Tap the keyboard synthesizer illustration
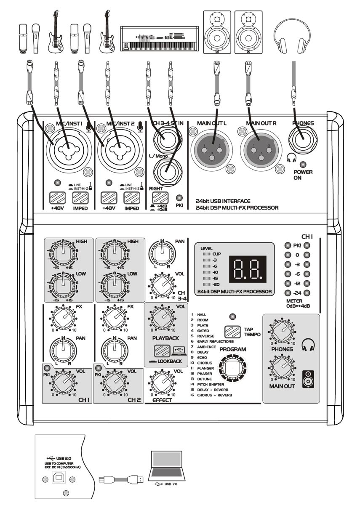click(x=159, y=38)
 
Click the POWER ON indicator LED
click(x=302, y=165)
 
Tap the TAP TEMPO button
click(x=232, y=332)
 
